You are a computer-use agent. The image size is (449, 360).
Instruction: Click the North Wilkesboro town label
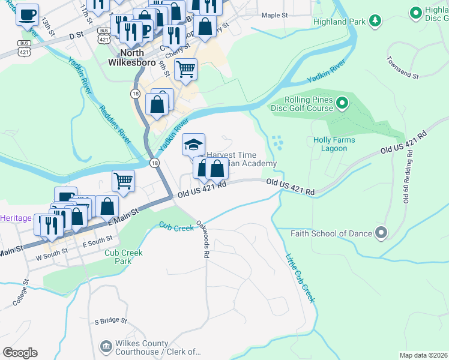[131, 56]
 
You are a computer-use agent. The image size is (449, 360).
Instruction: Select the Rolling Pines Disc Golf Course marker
[342, 104]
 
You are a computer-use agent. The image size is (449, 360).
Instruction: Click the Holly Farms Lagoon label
[334, 144]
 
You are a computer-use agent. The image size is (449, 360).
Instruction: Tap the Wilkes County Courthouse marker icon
[106, 346]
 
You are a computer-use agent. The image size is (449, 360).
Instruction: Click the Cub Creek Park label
[124, 257]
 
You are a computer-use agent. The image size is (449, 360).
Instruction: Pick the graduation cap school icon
[193, 145]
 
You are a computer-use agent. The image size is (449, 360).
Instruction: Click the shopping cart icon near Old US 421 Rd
[123, 180]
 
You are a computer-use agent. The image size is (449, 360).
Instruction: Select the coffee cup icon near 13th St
[26, 14]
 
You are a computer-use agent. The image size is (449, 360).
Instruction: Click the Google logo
[20, 353]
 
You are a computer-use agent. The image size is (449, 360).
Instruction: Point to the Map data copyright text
[423, 355]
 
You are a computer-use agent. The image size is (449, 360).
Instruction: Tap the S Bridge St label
[110, 321]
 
